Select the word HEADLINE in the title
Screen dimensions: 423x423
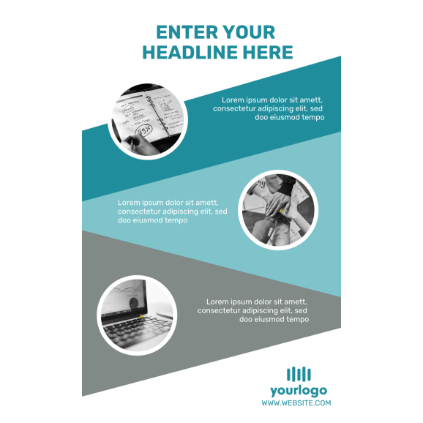(190, 52)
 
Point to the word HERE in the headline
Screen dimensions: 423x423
(268, 52)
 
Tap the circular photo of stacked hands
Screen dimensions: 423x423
(278, 210)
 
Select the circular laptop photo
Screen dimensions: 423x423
(137, 315)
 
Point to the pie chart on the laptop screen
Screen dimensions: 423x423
(133, 302)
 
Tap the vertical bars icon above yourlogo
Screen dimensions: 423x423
(299, 374)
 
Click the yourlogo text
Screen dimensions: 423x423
(299, 391)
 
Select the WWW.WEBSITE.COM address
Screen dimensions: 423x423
(296, 403)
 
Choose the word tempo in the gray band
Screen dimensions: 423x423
(298, 319)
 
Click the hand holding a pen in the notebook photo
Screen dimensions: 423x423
(141, 144)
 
